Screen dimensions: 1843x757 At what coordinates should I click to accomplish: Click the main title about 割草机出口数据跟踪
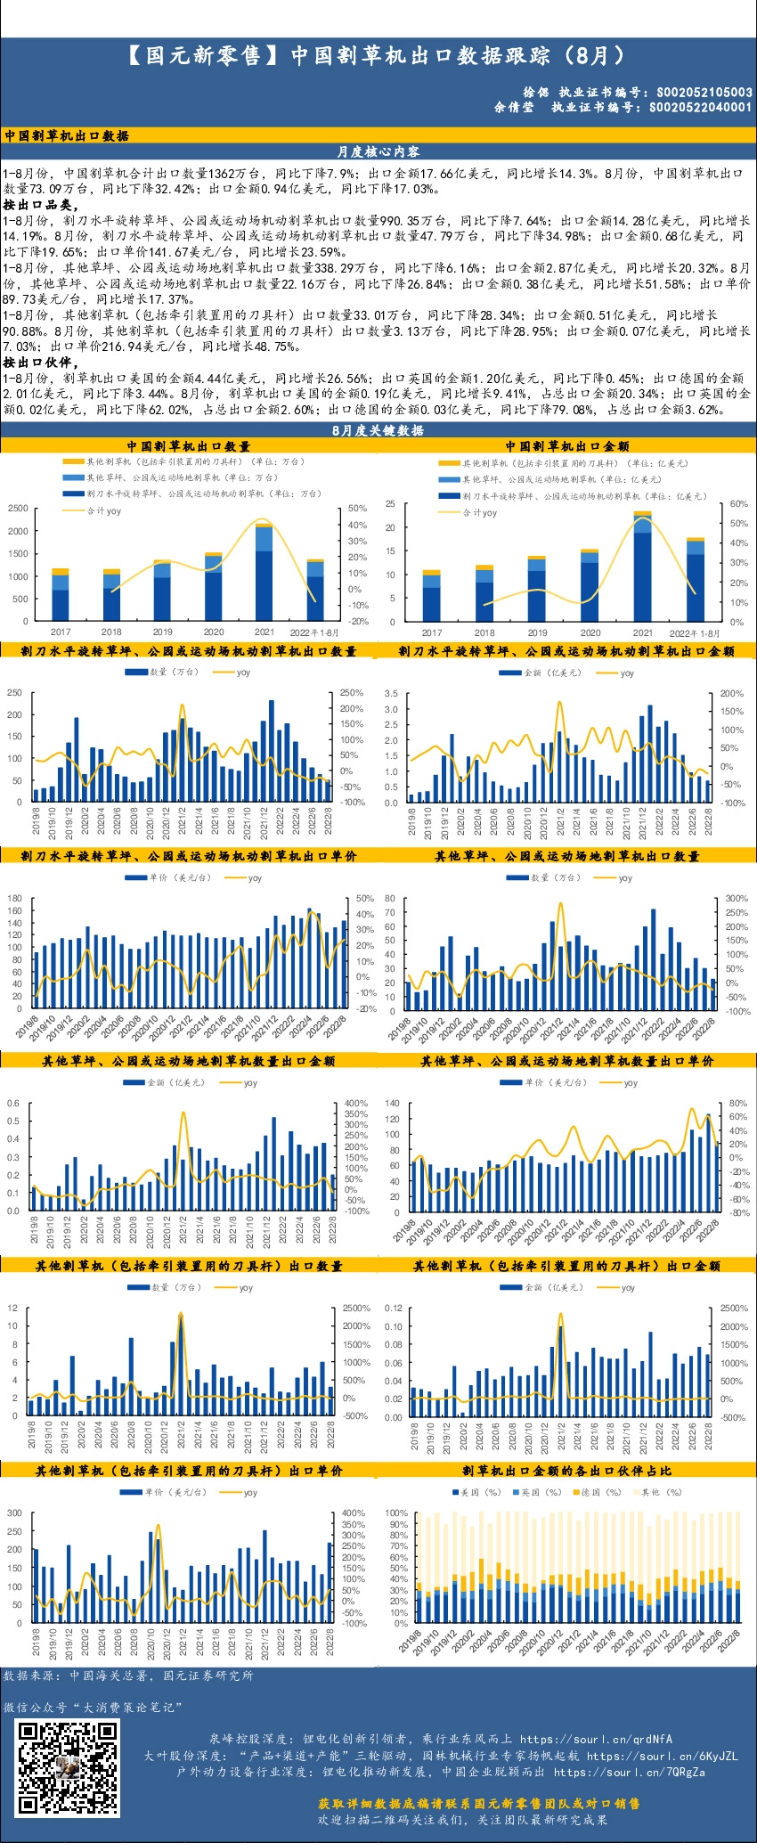pyautogui.click(x=378, y=56)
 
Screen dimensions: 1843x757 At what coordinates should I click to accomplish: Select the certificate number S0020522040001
pyautogui.click(x=700, y=107)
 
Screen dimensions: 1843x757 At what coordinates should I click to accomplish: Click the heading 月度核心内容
pyautogui.click(x=378, y=152)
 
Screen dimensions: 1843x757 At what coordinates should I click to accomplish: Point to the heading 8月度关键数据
pyautogui.click(x=378, y=430)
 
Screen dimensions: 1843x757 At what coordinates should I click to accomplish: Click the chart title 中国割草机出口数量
pyautogui.click(x=188, y=446)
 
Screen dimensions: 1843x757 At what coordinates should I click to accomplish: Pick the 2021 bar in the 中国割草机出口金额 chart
pyautogui.click(x=642, y=566)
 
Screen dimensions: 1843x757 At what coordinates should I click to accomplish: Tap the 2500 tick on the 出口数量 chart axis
pyautogui.click(x=18, y=508)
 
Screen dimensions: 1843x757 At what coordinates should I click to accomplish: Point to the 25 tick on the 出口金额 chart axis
pyautogui.click(x=390, y=504)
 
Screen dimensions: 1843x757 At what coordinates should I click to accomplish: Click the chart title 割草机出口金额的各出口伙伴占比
pyautogui.click(x=566, y=1471)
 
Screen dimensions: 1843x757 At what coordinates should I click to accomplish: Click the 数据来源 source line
pyautogui.click(x=128, y=1676)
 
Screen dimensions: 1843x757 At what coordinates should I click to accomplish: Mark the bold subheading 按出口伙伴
pyautogui.click(x=40, y=363)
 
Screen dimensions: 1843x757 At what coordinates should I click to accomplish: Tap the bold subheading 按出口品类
pyautogui.click(x=40, y=205)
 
